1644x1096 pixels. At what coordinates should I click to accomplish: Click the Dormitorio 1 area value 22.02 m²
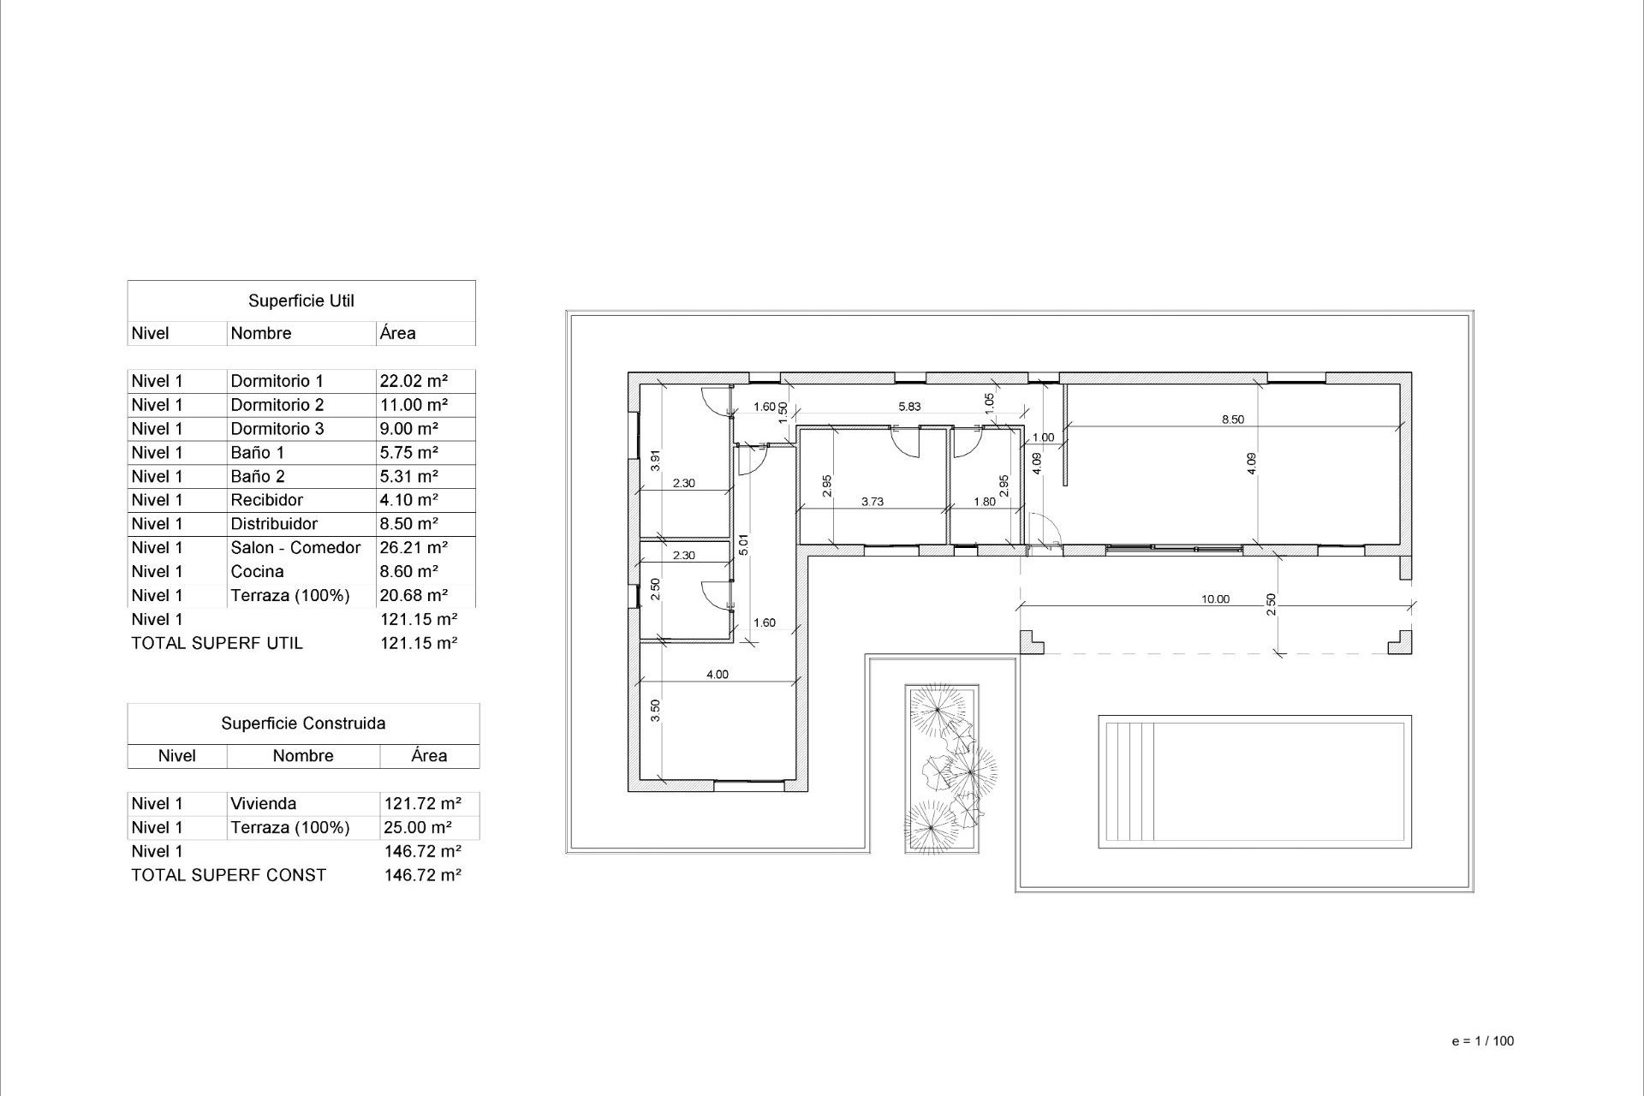[x=414, y=381]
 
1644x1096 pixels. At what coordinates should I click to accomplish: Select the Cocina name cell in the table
[x=257, y=571]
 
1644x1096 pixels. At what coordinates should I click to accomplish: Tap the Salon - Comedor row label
[x=295, y=547]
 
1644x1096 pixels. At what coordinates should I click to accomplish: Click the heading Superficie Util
[x=301, y=301]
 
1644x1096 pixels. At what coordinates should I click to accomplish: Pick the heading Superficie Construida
[x=303, y=724]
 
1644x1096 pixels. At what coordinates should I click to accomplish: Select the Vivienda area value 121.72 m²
[x=422, y=803]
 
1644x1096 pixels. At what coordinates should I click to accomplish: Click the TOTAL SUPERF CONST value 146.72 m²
[x=422, y=875]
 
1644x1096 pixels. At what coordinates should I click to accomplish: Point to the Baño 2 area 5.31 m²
[x=408, y=476]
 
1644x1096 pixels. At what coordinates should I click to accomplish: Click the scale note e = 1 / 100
[x=1482, y=1041]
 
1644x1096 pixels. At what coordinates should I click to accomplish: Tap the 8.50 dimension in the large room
[x=1232, y=420]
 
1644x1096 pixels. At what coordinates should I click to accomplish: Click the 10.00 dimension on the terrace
[x=1214, y=599]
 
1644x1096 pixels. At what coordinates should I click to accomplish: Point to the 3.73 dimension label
[x=872, y=502]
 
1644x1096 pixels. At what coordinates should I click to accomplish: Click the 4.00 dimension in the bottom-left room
[x=717, y=675]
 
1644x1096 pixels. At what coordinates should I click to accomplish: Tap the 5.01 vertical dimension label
[x=743, y=545]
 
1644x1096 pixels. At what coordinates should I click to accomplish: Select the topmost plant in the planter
[x=938, y=708]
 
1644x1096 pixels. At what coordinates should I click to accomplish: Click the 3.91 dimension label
[x=655, y=460]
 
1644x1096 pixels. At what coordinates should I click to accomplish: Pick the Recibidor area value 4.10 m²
[x=408, y=500]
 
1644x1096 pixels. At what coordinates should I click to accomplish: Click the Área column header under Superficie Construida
[x=428, y=756]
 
